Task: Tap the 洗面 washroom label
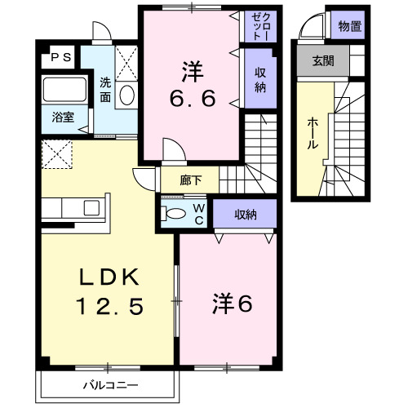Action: click(106, 89)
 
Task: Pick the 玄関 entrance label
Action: click(324, 61)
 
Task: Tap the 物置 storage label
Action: click(350, 27)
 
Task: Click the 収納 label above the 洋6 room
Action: click(246, 215)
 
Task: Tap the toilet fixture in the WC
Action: click(175, 213)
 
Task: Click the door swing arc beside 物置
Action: click(311, 30)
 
